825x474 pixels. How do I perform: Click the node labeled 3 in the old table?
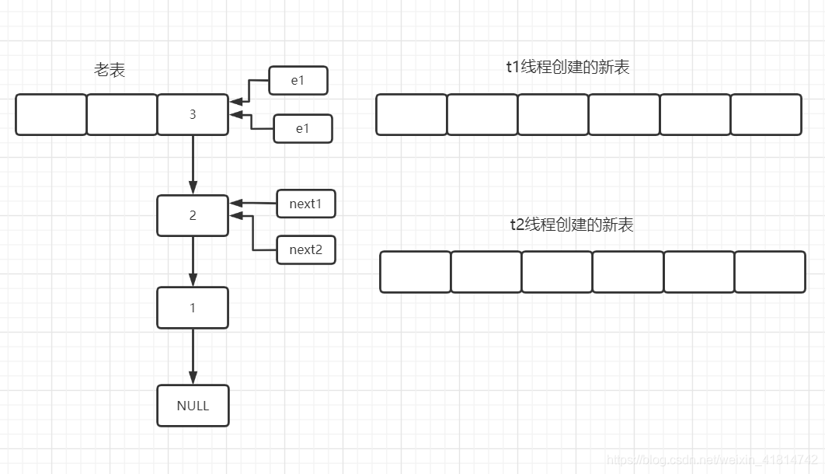pyautogui.click(x=193, y=114)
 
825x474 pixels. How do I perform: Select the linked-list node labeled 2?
pyautogui.click(x=193, y=215)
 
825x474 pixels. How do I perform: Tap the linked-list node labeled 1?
pyautogui.click(x=193, y=308)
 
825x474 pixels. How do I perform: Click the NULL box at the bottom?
pyautogui.click(x=193, y=406)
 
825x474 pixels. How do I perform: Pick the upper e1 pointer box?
pyautogui.click(x=298, y=80)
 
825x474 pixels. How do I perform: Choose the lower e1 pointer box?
pyautogui.click(x=302, y=129)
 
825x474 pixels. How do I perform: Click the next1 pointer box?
pyautogui.click(x=305, y=204)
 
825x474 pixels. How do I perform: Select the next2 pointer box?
pyautogui.click(x=305, y=249)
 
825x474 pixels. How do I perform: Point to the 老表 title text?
pyautogui.click(x=110, y=70)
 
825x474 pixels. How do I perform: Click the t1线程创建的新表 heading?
pyautogui.click(x=567, y=67)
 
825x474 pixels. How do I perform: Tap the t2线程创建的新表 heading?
pyautogui.click(x=571, y=225)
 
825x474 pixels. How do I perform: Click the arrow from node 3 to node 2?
pyautogui.click(x=193, y=165)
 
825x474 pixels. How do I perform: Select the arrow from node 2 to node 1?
pyautogui.click(x=193, y=262)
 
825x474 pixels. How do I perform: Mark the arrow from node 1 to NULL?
pyautogui.click(x=193, y=357)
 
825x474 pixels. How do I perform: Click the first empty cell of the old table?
pyautogui.click(x=51, y=114)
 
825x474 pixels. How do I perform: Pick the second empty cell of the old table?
pyautogui.click(x=122, y=114)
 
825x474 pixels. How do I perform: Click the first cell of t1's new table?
pyautogui.click(x=412, y=114)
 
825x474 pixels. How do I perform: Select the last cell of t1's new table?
pyautogui.click(x=766, y=114)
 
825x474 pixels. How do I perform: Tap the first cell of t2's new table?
pyautogui.click(x=416, y=272)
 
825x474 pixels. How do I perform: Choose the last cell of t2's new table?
pyautogui.click(x=770, y=272)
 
